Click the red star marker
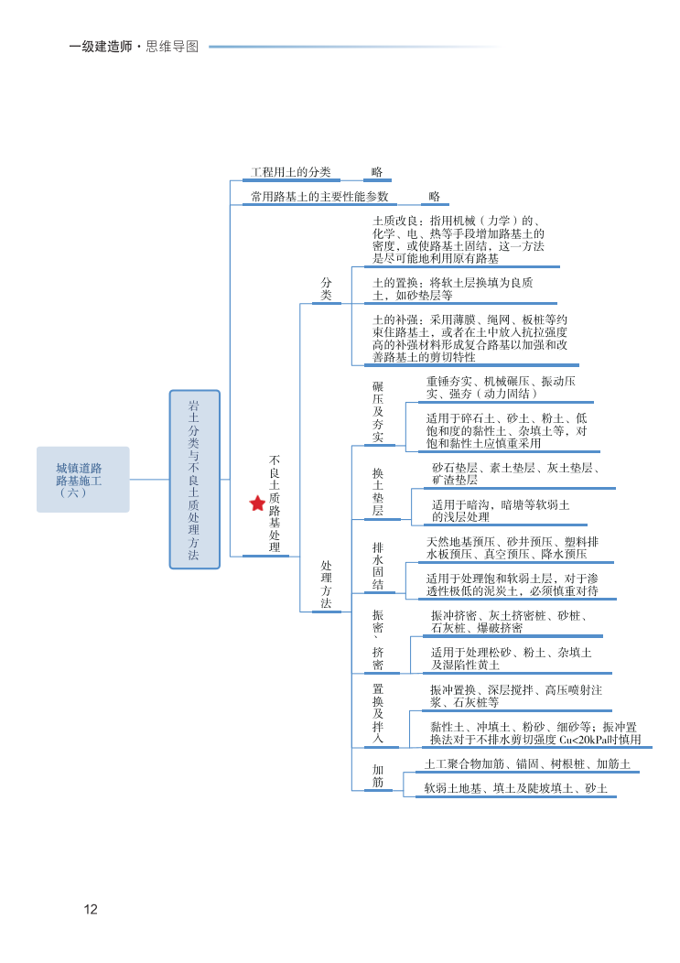pos(257,503)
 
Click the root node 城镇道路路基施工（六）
pos(83,480)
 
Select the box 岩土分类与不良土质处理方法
pos(194,480)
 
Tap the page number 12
pos(90,909)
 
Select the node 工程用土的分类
pos(291,172)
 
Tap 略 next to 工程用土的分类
pos(377,172)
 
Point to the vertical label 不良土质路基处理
pos(275,503)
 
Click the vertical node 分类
pos(326,289)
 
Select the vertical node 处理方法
pos(326,585)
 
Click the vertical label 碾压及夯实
pos(378,412)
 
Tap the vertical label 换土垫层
pos(378,492)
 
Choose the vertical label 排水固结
pos(378,566)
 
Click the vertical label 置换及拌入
pos(378,712)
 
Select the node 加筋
pos(378,776)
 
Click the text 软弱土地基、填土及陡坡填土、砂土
pos(515,788)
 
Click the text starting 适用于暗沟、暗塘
pos(501,511)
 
